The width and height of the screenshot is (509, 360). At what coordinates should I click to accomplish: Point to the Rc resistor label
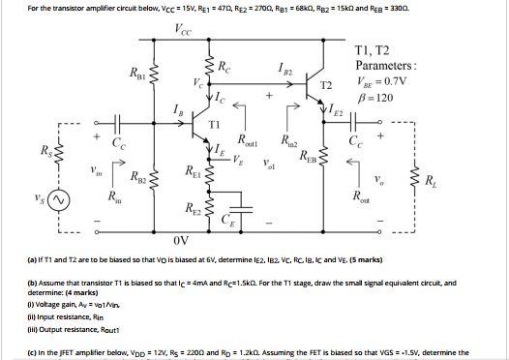tap(225, 69)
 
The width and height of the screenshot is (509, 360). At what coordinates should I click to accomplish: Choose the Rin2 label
tap(287, 140)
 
